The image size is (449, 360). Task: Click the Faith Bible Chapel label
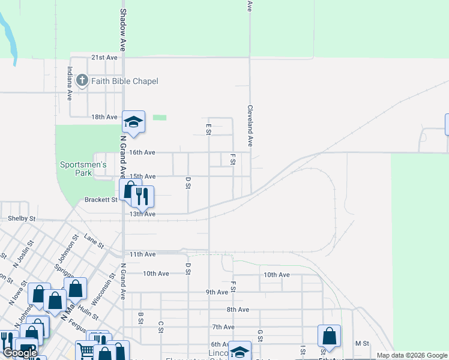pos(125,81)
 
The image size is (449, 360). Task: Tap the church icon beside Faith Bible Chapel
pos(82,80)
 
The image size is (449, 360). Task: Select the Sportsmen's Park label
pos(83,169)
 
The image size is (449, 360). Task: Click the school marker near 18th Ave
pos(134,122)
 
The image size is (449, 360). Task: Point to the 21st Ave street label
pos(104,58)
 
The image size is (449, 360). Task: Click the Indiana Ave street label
pos(70,83)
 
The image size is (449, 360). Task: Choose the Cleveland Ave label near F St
pos(249,126)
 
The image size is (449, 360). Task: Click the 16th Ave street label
pos(143,152)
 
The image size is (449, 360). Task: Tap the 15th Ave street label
pos(143,176)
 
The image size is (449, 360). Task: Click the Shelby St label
pos(22,219)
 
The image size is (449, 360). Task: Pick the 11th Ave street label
pos(143,254)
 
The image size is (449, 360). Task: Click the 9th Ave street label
pos(217,292)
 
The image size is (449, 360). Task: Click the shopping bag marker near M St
pos(329,336)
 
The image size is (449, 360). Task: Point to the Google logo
pos(20,353)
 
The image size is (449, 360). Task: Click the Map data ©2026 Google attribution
pos(412,355)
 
